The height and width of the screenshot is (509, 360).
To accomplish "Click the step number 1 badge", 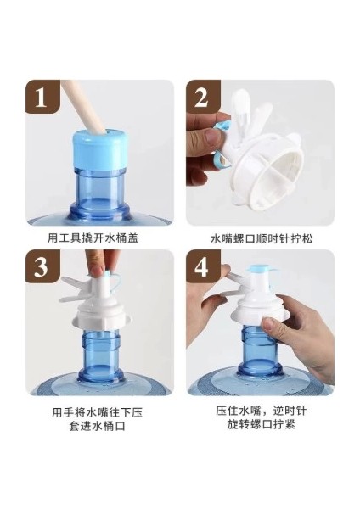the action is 43,97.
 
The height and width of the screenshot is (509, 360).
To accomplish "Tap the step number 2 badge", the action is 203,97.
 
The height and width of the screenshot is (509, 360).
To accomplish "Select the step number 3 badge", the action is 43,266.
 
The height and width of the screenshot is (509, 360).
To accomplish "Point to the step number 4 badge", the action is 203,266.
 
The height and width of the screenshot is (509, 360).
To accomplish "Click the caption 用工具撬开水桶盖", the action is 93,238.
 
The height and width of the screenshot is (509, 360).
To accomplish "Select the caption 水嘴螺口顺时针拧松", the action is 262,239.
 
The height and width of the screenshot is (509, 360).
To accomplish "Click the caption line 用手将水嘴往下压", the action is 97,412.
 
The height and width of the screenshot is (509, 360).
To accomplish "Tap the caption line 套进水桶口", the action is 97,426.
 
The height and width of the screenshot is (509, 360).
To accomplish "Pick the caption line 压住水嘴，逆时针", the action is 261,411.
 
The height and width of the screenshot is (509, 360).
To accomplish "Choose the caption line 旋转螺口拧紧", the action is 261,424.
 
